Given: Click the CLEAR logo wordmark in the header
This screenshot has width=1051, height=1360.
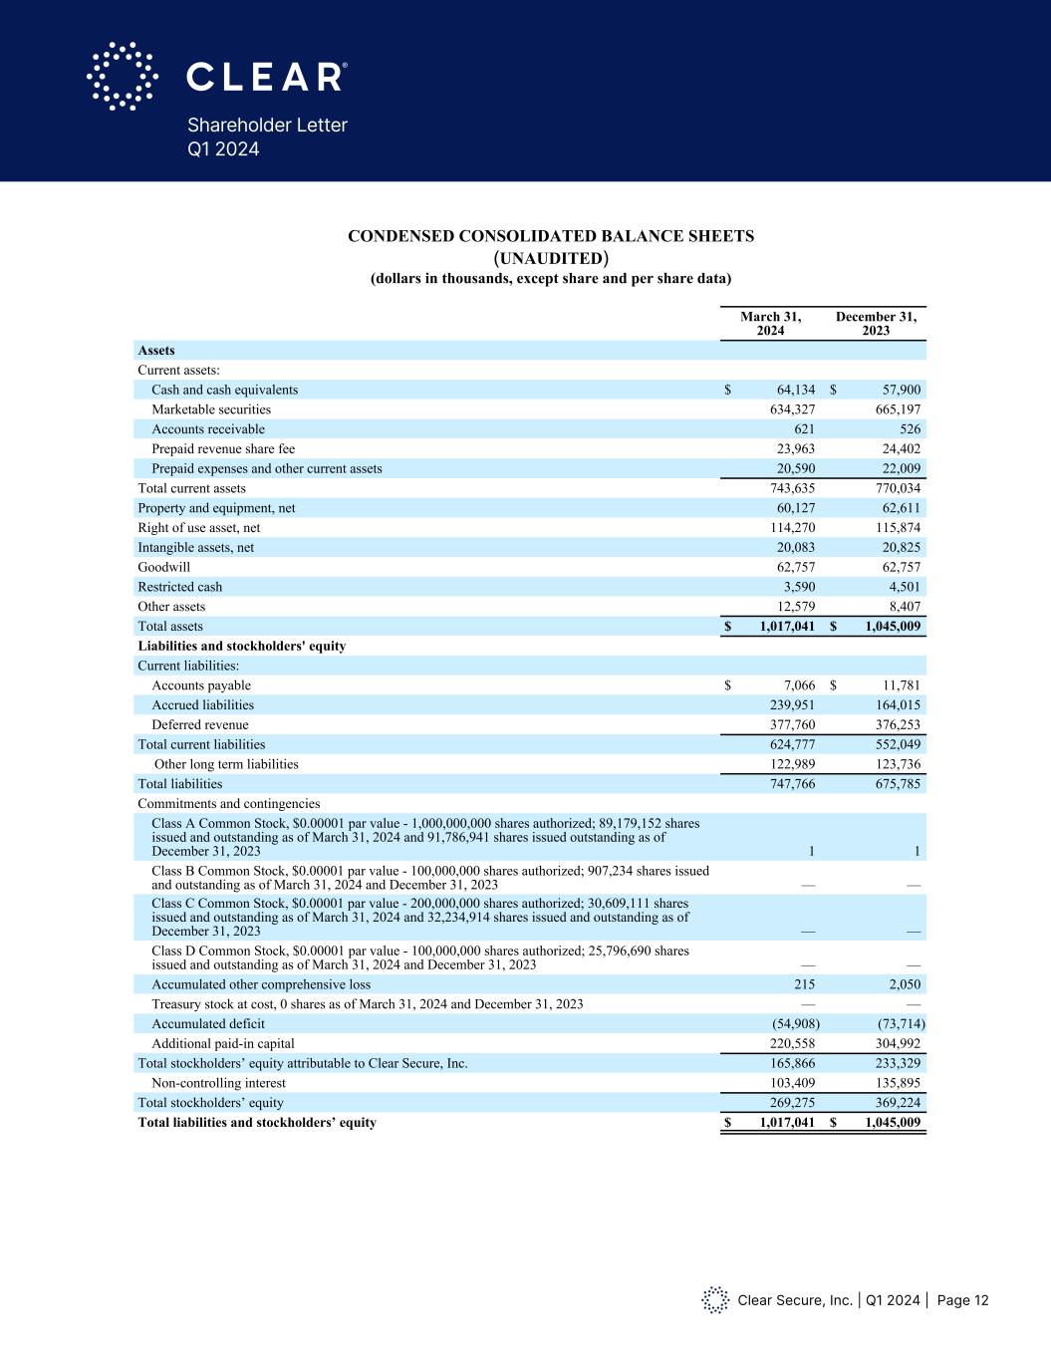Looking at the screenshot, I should [x=267, y=77].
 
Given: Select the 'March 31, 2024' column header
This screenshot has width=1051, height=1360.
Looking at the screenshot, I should [x=770, y=324].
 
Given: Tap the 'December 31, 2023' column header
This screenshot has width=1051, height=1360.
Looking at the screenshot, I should [x=876, y=324].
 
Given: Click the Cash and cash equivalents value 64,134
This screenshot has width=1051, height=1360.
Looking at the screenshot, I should [x=795, y=390].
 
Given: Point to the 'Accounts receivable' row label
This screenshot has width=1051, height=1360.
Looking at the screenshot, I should [x=208, y=429].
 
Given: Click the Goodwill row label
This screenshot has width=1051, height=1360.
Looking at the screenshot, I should [x=163, y=567].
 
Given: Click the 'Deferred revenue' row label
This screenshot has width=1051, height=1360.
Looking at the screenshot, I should [x=200, y=724].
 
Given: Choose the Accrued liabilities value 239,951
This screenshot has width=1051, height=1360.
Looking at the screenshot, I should [x=792, y=705].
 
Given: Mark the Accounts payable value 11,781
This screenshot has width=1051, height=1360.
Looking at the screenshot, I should [x=897, y=685].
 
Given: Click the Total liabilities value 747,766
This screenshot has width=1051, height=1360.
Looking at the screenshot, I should [x=792, y=784].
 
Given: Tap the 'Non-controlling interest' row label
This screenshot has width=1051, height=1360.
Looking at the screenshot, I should [x=218, y=1083].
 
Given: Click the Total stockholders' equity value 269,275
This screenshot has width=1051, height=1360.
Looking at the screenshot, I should [x=792, y=1103].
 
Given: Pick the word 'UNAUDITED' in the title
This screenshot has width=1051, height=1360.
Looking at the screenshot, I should [x=550, y=258].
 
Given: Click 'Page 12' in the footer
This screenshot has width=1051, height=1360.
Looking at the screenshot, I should [x=962, y=1300].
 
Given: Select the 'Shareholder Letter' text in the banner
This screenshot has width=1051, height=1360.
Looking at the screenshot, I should [x=267, y=126].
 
